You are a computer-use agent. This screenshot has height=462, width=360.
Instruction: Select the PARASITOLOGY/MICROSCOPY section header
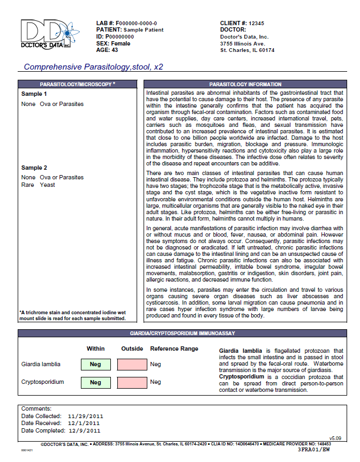coord(77,85)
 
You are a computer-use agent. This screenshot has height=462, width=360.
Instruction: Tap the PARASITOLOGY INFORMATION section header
coord(245,85)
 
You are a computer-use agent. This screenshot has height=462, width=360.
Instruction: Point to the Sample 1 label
coord(34,94)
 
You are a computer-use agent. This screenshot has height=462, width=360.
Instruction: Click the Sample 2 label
coord(34,168)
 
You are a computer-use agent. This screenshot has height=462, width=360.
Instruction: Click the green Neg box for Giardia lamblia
coord(96,365)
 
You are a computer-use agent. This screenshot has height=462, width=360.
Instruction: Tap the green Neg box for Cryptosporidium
coord(96,382)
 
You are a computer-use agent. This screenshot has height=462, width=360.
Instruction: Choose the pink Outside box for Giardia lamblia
coord(131,365)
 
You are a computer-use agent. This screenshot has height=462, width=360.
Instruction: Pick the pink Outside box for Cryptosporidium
coord(131,382)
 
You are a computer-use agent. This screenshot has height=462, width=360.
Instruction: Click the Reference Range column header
coord(174,349)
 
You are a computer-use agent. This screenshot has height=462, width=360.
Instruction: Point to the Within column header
coord(96,349)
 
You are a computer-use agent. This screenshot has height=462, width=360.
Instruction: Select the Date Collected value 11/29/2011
coord(86,416)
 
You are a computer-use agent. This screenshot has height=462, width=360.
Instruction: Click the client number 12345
coord(257,24)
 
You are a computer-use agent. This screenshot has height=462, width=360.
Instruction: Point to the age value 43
coord(115,50)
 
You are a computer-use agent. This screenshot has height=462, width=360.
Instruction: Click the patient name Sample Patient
coord(144,30)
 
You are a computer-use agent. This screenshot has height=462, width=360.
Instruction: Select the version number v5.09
coord(335,438)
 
